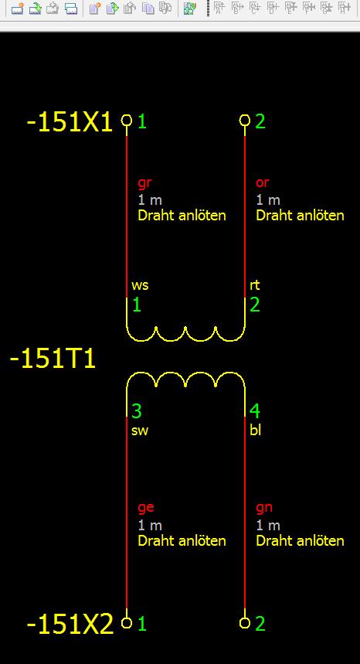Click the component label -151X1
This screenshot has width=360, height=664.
point(70,123)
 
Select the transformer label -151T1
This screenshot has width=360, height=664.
point(53,359)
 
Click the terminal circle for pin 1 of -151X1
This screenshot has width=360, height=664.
point(127,121)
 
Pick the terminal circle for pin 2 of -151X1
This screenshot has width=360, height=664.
point(245,121)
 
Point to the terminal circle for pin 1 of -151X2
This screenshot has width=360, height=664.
point(127,622)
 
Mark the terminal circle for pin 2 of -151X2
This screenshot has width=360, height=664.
point(245,622)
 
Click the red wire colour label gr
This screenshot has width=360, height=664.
point(144,183)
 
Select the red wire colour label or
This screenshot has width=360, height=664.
point(263,183)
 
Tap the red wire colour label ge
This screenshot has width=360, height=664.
point(145,508)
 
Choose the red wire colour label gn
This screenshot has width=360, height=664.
point(264,508)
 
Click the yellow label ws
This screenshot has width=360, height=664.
point(140,286)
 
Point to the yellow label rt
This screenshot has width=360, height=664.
point(254,285)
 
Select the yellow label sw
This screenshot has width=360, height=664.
point(140,431)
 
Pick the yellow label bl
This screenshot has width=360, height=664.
point(255,431)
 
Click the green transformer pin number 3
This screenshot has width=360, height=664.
point(136,411)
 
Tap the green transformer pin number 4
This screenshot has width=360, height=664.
point(255,411)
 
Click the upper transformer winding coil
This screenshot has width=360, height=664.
point(185,340)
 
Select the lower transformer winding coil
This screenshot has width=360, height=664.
point(185,373)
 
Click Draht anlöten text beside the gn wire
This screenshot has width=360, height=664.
point(300,541)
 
